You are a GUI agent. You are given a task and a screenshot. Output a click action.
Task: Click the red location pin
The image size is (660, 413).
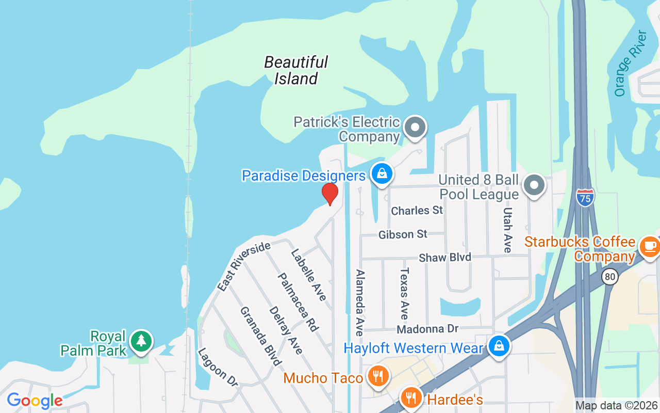(329, 194)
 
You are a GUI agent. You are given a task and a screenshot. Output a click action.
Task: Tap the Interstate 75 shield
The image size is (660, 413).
(585, 197)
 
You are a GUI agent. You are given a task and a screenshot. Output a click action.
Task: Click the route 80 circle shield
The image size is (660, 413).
(610, 277)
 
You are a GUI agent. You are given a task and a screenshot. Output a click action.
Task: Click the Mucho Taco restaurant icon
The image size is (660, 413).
(378, 376)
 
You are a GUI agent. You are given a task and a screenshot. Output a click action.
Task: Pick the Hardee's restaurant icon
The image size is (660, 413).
(410, 398)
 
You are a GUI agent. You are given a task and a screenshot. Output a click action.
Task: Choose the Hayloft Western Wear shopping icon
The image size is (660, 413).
(499, 346)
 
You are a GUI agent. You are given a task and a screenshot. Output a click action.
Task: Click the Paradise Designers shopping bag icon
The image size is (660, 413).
(382, 174)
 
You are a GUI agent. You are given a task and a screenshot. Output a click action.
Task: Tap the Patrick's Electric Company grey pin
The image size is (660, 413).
(415, 127)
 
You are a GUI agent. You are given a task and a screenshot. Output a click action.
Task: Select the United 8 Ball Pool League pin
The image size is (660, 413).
(534, 185)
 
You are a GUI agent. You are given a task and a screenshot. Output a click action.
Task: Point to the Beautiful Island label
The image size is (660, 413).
(296, 70)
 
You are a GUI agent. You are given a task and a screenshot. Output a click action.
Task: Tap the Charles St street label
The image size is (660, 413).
(417, 211)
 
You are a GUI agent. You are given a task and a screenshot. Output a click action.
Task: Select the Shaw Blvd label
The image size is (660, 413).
(445, 257)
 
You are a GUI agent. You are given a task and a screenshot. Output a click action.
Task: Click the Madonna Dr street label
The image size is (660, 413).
(427, 329)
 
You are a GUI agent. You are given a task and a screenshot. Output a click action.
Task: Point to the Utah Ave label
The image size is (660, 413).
(507, 230)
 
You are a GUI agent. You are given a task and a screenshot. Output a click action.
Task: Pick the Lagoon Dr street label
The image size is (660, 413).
(217, 367)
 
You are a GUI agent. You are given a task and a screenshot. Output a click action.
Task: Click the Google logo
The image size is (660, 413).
(35, 400)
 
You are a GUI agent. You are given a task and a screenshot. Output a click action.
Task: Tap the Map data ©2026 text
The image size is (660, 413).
(616, 406)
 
